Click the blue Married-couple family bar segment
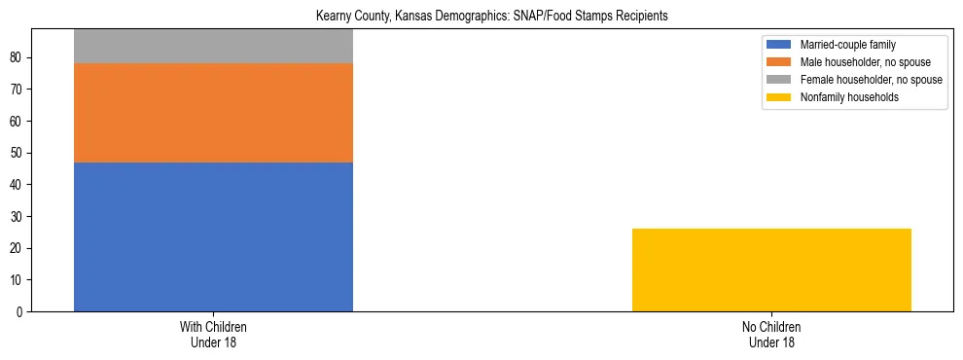213,236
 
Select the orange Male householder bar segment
213,113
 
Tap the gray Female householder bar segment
213,47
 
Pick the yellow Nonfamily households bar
771,270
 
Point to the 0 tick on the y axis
21,312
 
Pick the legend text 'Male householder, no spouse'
865,62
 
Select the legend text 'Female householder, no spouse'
871,80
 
